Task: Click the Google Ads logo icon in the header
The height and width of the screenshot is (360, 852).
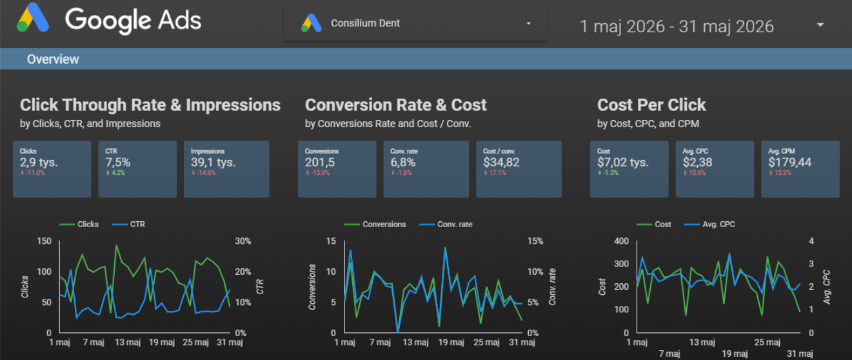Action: tap(33, 18)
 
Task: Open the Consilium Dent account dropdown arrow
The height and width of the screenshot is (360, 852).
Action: tap(528, 24)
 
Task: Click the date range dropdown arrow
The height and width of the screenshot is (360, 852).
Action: tap(820, 25)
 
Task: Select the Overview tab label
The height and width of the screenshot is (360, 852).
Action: tap(53, 59)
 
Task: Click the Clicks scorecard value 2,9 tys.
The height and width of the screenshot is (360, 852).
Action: tap(39, 163)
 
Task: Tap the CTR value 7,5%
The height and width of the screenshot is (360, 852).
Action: tap(118, 163)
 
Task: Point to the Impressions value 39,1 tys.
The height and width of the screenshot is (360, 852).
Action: tap(213, 163)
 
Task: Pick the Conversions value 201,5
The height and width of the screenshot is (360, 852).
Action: tap(320, 163)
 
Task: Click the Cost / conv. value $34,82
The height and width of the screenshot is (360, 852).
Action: tap(501, 163)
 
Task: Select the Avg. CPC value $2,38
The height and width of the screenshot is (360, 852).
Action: tap(698, 163)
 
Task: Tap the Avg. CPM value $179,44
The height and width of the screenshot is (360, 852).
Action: tap(790, 163)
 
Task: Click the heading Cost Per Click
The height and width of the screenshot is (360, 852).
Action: tap(651, 105)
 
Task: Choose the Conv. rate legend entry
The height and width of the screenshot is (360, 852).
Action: tap(446, 225)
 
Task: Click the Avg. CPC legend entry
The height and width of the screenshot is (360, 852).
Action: tap(709, 225)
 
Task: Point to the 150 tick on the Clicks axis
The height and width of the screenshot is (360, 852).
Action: tap(44, 241)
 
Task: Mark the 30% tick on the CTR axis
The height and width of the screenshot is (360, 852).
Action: tap(243, 241)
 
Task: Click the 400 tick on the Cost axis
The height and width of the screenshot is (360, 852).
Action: tap(622, 241)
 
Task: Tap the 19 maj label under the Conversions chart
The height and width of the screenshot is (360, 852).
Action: tap(451, 343)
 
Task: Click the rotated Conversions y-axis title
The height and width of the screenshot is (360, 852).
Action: tap(312, 287)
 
